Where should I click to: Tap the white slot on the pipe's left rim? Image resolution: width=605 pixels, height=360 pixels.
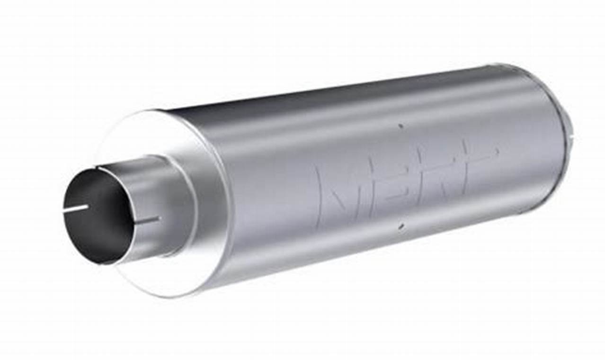76,208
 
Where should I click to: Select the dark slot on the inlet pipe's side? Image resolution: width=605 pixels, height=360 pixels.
148,220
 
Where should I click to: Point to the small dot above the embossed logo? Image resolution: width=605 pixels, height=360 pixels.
400,126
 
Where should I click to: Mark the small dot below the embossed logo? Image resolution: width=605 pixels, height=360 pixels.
401,227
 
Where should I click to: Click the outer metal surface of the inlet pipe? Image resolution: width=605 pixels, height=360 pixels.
156,189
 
